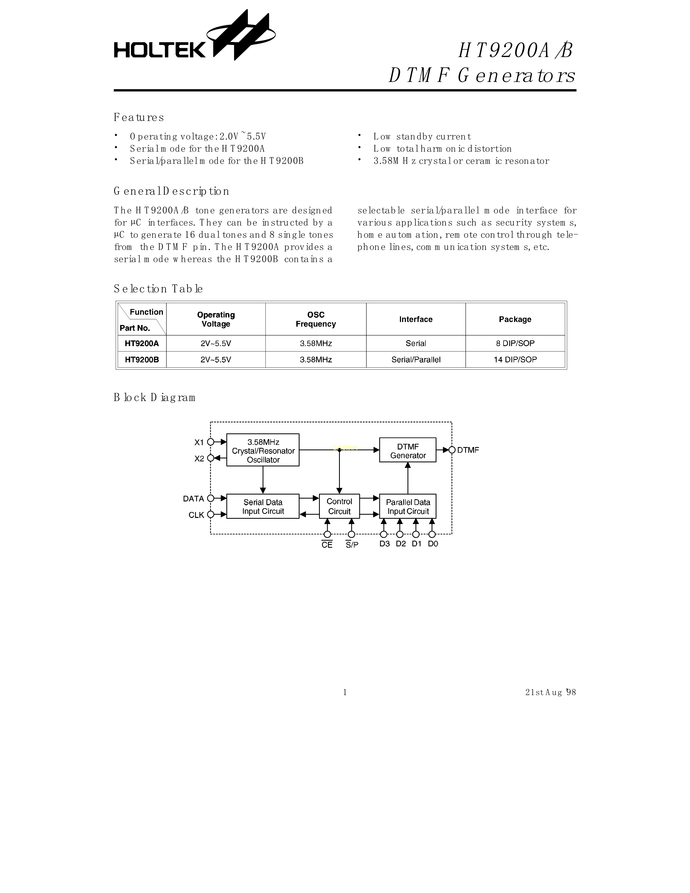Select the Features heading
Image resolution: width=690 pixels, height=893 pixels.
(x=139, y=117)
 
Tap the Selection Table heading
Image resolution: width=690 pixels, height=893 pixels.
(x=158, y=289)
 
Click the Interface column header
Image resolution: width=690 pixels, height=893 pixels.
(x=416, y=319)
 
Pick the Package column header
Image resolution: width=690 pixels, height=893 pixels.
(x=515, y=319)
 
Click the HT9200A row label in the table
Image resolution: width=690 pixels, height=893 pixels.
(x=142, y=343)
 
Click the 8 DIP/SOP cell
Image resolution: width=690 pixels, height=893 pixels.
(x=515, y=343)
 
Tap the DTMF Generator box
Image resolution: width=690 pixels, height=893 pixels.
(x=408, y=450)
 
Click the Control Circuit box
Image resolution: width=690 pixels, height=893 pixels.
(x=339, y=506)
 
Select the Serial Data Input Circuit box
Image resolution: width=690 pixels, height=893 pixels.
(x=263, y=506)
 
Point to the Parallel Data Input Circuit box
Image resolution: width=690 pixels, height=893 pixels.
(x=408, y=506)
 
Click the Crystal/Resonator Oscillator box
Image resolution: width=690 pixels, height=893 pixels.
(x=263, y=450)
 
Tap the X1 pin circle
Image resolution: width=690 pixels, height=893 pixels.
(x=211, y=442)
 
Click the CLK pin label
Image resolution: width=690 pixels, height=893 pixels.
(x=196, y=515)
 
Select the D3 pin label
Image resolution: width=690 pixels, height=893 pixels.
(x=384, y=544)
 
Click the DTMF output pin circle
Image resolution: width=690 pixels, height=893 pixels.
(x=452, y=450)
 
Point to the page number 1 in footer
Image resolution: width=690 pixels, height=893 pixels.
(x=345, y=692)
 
